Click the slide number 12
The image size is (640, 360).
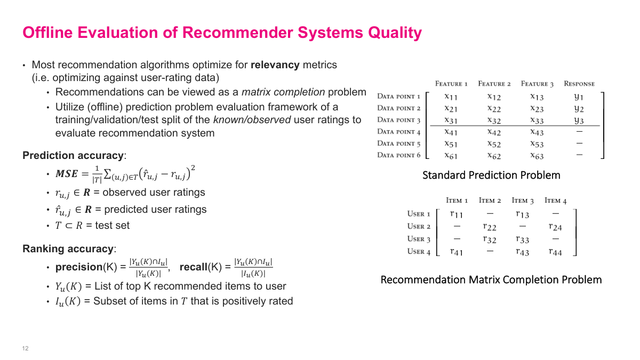[x=25, y=348]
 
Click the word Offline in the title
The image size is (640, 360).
[x=48, y=33]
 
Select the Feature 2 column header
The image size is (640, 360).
[x=494, y=84]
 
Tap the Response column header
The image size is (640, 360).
[x=579, y=84]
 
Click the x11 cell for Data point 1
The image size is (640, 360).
[x=451, y=97]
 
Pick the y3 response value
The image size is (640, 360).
[x=579, y=121]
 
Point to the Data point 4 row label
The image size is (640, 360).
[x=399, y=132]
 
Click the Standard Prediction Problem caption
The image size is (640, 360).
[x=491, y=175]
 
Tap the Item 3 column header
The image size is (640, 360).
[x=523, y=201]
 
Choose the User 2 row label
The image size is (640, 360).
[x=419, y=226]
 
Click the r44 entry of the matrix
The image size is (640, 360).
[x=555, y=252]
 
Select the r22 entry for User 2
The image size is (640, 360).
[x=490, y=227]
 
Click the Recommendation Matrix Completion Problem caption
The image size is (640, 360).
[x=491, y=279]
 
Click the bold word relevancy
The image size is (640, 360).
[x=275, y=65]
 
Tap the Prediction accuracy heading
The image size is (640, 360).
[x=73, y=156]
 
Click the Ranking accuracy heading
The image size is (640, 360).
[x=68, y=249]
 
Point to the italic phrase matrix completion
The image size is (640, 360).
[x=283, y=92]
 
